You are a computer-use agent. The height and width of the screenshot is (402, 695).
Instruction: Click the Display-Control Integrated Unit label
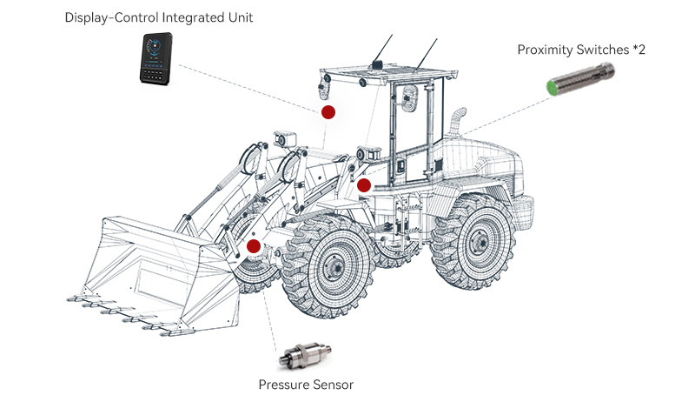(159, 17)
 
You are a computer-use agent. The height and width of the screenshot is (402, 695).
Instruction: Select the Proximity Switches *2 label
(581, 50)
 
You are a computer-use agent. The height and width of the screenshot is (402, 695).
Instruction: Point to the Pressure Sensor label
(306, 384)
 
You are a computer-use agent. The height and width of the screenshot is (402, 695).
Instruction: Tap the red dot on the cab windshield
(328, 112)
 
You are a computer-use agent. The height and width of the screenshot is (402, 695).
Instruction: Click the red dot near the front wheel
(254, 246)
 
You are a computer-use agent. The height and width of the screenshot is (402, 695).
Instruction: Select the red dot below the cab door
(364, 184)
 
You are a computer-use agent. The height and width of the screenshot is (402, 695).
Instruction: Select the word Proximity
(546, 50)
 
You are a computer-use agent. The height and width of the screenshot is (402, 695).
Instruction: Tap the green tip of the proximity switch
(551, 86)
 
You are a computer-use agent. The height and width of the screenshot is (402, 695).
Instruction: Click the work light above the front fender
(284, 138)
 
